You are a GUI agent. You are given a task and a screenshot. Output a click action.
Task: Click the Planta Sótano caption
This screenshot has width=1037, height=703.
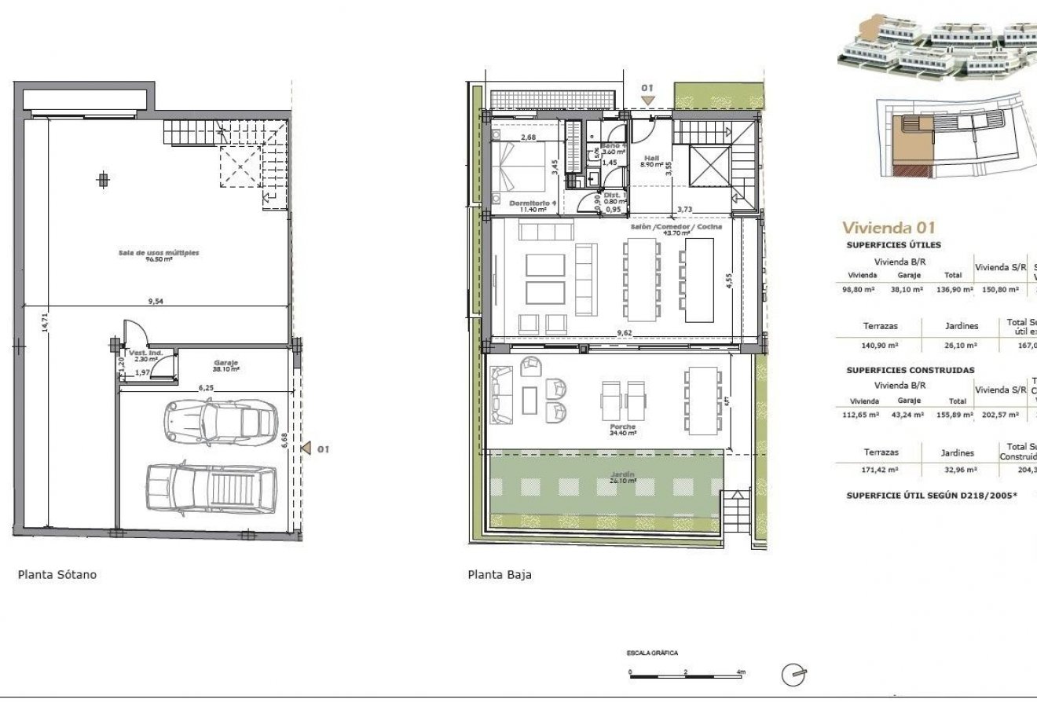57,574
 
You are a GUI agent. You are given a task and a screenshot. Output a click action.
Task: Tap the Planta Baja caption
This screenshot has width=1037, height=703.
499,574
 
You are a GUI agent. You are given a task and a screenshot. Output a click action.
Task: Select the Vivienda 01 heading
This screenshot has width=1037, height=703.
889,228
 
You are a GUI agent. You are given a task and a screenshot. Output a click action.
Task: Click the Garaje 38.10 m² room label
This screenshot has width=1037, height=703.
225,365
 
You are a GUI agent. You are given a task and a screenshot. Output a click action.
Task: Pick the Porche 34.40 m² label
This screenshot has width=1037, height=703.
622,429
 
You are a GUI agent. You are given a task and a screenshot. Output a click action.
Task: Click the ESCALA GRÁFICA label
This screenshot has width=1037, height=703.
651,653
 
